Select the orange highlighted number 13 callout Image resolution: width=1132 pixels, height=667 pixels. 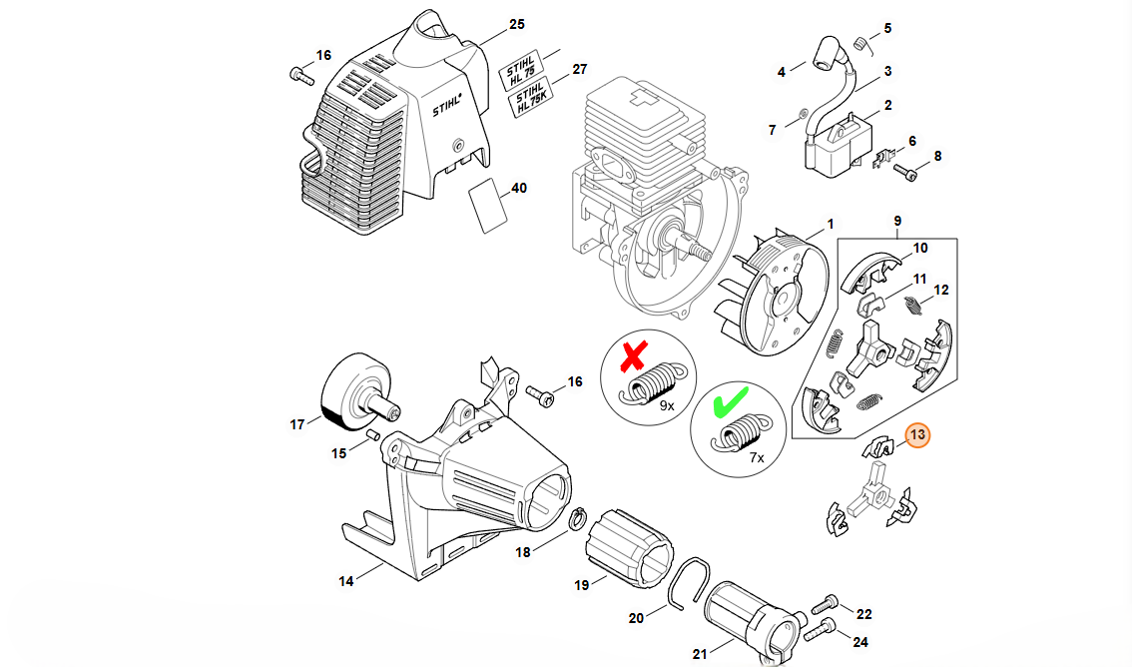click(916, 436)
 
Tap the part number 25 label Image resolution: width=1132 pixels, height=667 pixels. click(516, 23)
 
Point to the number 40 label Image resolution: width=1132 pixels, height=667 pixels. click(519, 188)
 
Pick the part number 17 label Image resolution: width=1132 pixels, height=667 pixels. click(296, 424)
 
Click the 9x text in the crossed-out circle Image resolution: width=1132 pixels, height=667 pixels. click(667, 406)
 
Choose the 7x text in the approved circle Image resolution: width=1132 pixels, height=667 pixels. click(756, 457)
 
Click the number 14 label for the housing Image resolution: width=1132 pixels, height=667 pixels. click(346, 580)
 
